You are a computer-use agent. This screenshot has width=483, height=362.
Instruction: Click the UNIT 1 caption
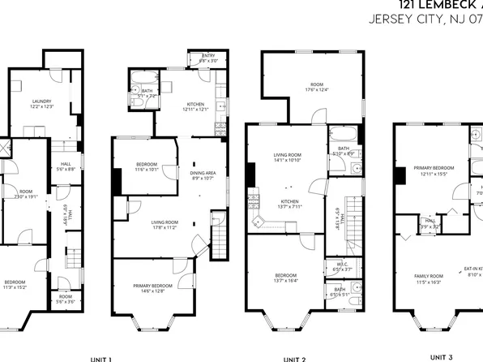tap(100, 358)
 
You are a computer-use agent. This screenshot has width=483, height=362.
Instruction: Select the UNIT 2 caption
tap(294, 358)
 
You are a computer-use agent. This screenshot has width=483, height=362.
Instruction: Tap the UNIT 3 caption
tap(442, 356)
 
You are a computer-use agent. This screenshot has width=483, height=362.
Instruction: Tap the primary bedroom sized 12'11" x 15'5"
tap(434, 170)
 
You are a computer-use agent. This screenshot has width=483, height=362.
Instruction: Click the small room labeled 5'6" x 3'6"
tap(65, 299)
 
